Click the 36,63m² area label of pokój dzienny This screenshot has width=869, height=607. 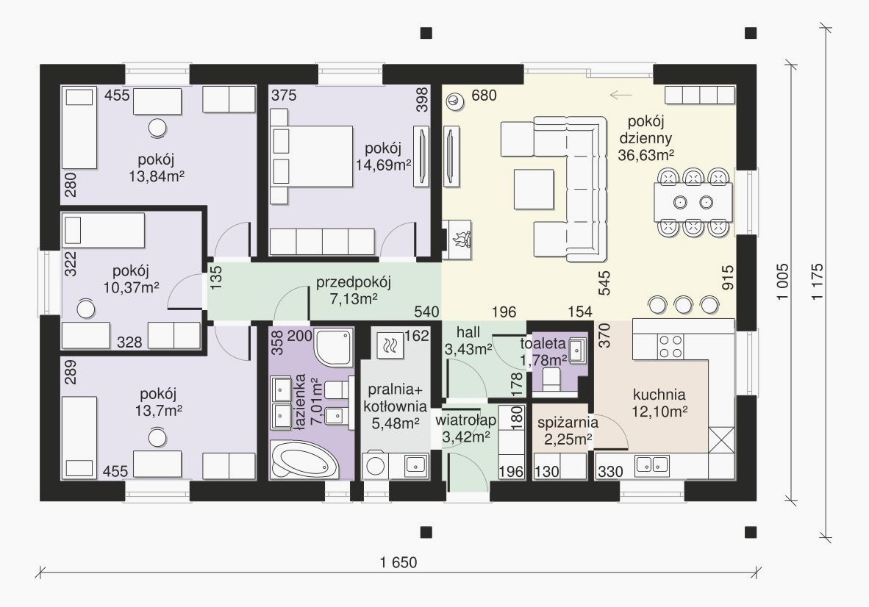646,155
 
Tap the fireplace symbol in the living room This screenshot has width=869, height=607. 459,240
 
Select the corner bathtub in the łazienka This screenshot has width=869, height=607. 304,460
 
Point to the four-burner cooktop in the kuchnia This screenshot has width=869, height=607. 670,346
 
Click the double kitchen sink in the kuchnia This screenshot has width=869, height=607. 651,465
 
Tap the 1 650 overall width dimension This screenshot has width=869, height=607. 398,563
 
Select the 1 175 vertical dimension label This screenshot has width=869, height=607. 817,281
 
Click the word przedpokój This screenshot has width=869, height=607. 354,282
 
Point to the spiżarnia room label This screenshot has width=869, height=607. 568,422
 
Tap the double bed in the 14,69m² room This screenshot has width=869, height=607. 312,156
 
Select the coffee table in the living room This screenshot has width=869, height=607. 533,189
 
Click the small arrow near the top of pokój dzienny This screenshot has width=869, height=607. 621,96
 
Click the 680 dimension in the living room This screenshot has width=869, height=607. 484,96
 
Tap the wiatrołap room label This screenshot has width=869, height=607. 465,420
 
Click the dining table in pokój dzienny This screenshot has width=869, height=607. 693,201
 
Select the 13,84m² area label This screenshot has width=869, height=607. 157,176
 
